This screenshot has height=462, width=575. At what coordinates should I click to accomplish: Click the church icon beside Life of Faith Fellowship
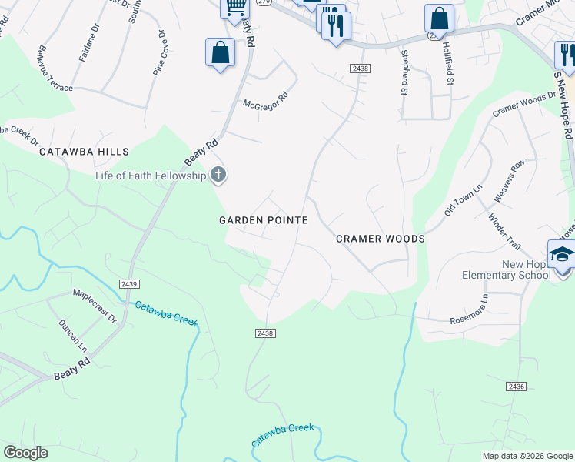[x=218, y=176]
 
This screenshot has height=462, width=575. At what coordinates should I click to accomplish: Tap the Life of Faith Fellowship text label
[x=151, y=176]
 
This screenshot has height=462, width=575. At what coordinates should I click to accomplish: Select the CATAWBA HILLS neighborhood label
[x=86, y=152]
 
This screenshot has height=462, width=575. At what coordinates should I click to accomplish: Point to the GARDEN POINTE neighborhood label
[x=264, y=220]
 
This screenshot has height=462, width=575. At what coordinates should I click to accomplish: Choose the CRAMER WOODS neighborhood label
[x=381, y=239]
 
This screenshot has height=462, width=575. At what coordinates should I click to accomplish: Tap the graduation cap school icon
[x=561, y=255]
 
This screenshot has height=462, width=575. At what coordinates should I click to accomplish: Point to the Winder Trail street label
[x=505, y=232]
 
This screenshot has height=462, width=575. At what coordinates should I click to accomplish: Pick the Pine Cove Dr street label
[x=160, y=53]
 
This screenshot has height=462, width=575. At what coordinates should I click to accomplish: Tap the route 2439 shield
[x=129, y=284]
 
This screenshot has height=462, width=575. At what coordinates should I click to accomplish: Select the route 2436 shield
[x=517, y=385]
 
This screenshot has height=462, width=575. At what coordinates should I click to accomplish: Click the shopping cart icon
[x=236, y=7]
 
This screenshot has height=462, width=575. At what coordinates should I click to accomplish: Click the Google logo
[x=25, y=453]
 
